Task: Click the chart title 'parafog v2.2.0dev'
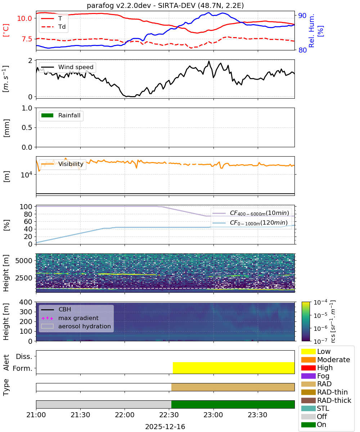[118, 6]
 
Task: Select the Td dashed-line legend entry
[53, 27]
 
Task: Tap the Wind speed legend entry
[67, 67]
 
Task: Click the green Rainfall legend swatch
[48, 116]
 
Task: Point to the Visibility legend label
[71, 164]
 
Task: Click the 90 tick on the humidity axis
[302, 15]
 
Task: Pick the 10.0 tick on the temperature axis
[24, 18]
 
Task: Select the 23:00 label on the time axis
[213, 415]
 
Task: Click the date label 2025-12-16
[165, 427]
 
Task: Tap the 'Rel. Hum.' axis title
[311, 31]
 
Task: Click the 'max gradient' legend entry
[70, 318]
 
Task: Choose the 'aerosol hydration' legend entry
[76, 326]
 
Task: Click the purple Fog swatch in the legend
[308, 375]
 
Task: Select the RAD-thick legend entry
[326, 400]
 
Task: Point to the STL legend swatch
[308, 408]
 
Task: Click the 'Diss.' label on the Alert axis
[24, 356]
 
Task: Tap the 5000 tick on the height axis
[24, 261]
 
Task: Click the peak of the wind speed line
[209, 61]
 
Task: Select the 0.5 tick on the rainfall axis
[27, 128]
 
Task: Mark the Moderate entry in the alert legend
[325, 360]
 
